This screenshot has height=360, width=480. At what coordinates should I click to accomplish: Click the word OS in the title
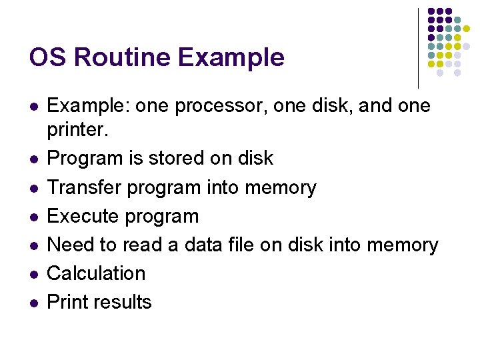coord(47,57)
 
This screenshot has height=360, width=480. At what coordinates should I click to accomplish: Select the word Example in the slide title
coord(230,58)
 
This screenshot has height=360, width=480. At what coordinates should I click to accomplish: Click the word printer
coord(76,130)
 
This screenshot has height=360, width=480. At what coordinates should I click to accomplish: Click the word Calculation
coord(96,273)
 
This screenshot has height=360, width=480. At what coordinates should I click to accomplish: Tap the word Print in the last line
coord(69,302)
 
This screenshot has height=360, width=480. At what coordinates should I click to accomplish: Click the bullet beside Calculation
coord(33,274)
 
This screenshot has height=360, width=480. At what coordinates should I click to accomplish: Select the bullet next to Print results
coord(33,303)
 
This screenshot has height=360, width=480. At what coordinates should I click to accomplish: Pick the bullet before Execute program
coord(33,217)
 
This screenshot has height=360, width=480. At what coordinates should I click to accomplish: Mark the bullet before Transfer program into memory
coord(33,188)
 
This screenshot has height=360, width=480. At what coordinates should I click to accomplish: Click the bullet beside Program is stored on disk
coord(33,159)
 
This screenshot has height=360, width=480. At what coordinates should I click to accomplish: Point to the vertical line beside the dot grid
coord(418,48)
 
